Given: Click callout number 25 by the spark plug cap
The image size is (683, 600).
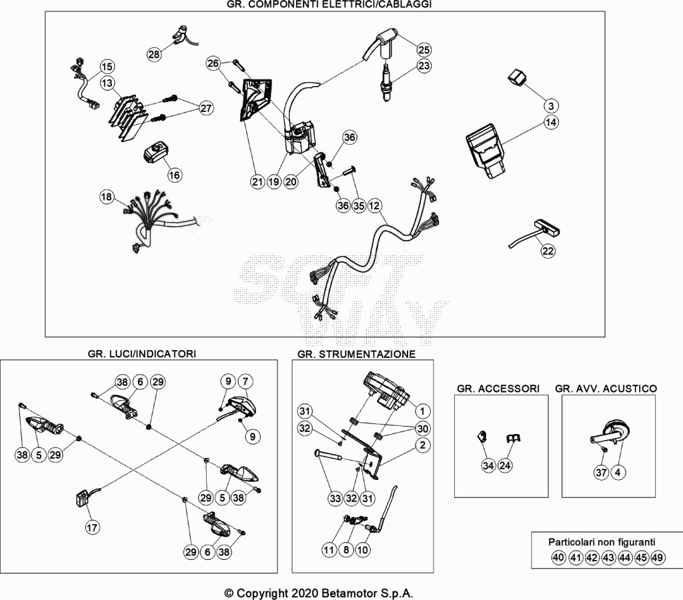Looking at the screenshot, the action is coord(424,49).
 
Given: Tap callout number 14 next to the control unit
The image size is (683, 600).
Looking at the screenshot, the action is coord(551,123).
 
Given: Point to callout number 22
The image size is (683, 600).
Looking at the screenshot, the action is coord(548,251).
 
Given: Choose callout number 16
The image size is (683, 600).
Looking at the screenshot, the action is coord(174,175).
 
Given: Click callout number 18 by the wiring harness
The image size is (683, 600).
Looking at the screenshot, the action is coord(106,197).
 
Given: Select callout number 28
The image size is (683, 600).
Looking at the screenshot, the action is coord(154,55).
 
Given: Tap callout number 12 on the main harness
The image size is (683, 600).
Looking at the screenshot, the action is coord(375,205).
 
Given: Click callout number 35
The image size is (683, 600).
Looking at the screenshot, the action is coord(359,205).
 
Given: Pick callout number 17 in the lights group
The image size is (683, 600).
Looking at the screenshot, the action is coord(92,528).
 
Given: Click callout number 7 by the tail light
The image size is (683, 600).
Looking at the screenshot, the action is coord(245,381).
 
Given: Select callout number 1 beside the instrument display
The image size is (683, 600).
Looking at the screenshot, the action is coord(422,411).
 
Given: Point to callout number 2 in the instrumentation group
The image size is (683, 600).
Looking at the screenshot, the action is coord(422,445).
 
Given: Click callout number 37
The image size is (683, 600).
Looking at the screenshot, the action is coord(602,472).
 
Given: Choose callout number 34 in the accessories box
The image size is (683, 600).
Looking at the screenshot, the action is coord(488,465).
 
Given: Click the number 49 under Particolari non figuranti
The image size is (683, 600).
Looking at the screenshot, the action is coord(658,557).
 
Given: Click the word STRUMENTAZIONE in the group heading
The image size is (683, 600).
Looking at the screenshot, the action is coord(368,354).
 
